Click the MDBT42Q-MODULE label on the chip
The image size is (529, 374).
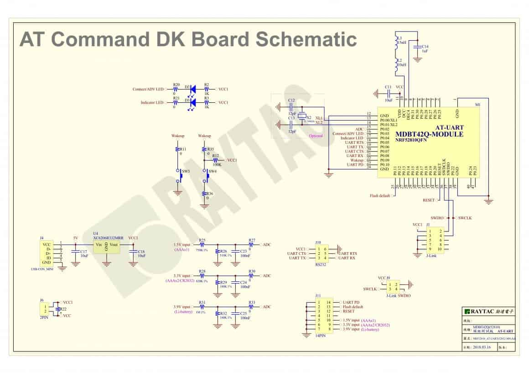point(430,134)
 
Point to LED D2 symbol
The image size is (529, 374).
point(192,90)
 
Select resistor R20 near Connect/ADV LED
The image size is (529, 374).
point(176,90)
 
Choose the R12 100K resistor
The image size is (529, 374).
point(215,160)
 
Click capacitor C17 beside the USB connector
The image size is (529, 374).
point(75,253)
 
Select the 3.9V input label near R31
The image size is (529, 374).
point(183,307)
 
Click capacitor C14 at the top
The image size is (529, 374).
point(417,47)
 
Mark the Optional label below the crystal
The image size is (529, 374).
point(316,136)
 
